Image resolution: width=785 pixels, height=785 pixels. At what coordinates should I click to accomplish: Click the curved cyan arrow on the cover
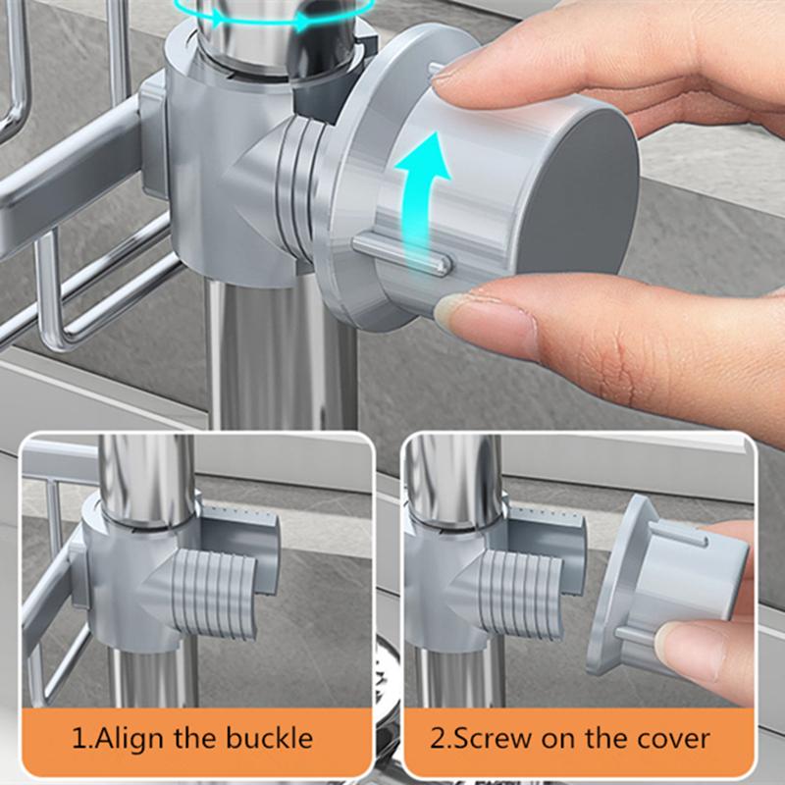click(422, 200)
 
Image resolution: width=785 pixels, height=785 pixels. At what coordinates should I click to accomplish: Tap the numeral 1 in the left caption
click(79, 739)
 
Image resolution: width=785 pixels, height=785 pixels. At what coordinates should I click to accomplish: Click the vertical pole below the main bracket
click(282, 350)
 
